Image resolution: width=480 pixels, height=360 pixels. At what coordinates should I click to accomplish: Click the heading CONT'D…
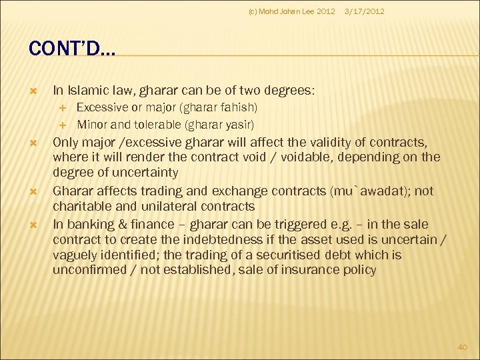tap(72, 49)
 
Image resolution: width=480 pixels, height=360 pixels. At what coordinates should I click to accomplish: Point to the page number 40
tap(462, 347)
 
